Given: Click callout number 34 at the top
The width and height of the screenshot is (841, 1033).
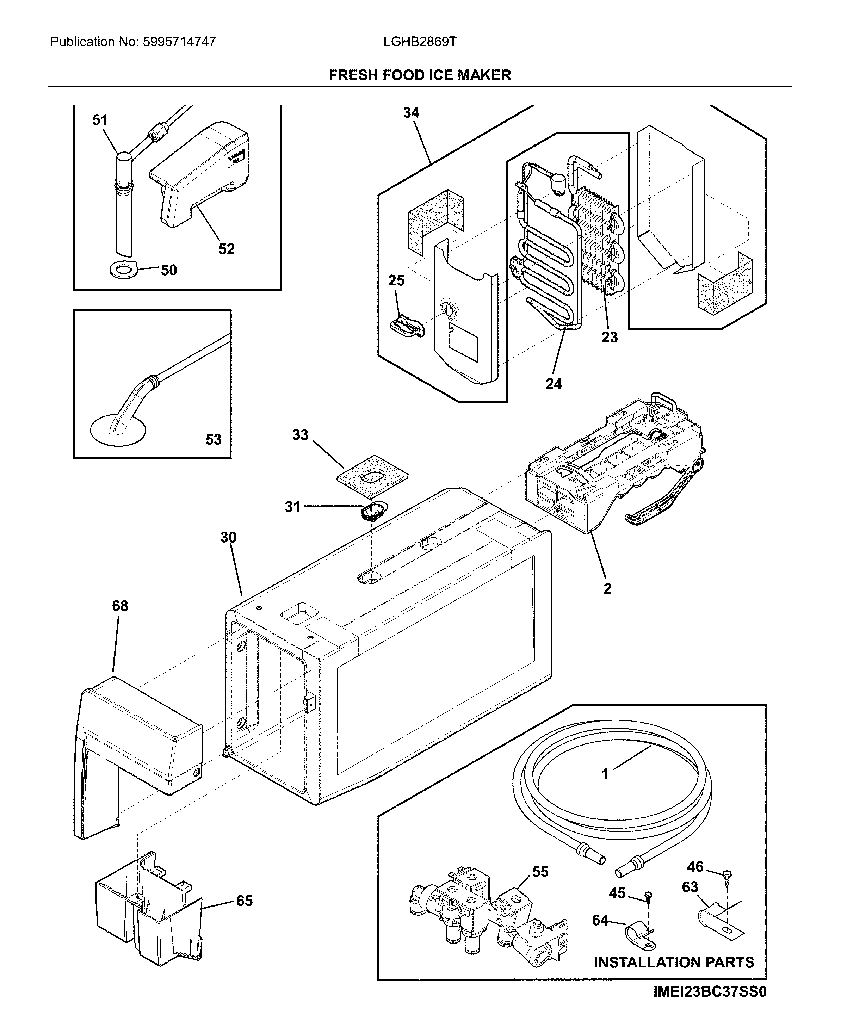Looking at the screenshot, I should pyautogui.click(x=411, y=112).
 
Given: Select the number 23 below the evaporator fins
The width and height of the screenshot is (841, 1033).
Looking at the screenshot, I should pyautogui.click(x=610, y=337).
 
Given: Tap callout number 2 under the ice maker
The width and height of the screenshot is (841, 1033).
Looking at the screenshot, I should pyautogui.click(x=607, y=588).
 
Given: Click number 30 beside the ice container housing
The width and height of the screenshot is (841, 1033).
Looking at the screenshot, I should pyautogui.click(x=228, y=537).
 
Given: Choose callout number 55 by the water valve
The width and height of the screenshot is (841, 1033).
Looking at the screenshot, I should pyautogui.click(x=540, y=872).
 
